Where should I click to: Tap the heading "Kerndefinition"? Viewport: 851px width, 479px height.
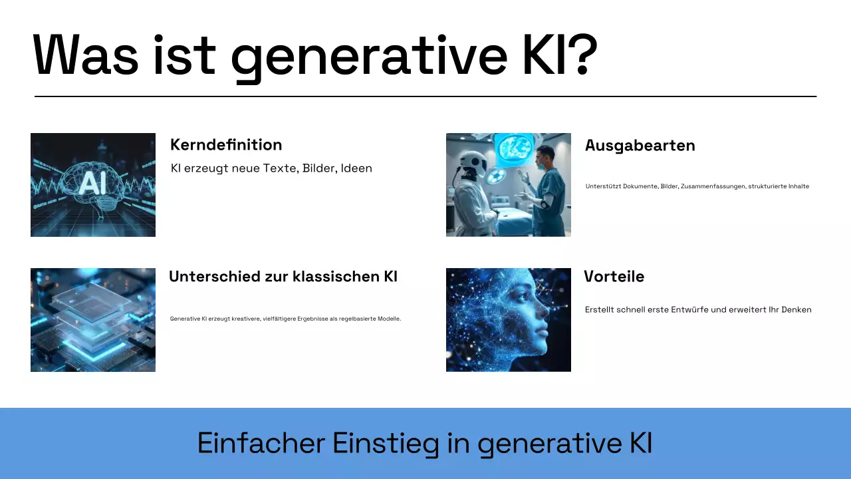[226, 145]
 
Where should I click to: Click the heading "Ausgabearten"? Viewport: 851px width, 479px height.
[640, 146]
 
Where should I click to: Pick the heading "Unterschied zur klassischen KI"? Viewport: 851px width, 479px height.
[283, 277]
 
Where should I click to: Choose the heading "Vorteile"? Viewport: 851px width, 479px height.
[614, 277]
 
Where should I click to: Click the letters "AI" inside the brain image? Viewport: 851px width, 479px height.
[93, 184]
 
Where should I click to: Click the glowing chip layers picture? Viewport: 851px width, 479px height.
[93, 320]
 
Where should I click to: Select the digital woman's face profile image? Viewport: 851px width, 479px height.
[509, 320]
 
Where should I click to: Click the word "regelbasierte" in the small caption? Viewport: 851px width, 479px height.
[356, 319]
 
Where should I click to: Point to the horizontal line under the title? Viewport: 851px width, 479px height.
[425, 96]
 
